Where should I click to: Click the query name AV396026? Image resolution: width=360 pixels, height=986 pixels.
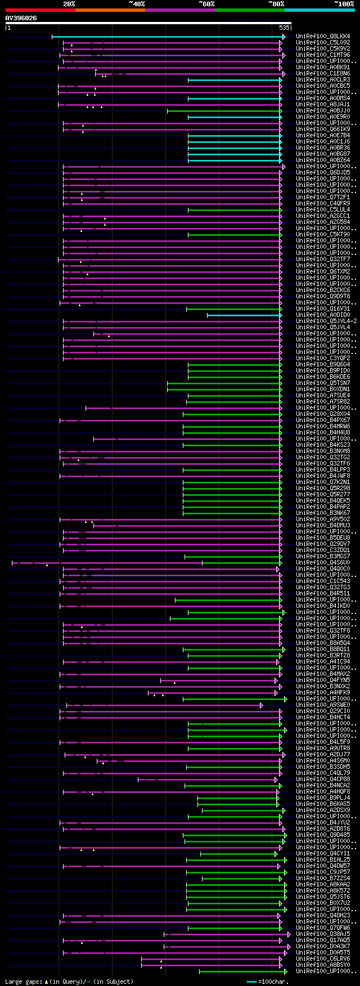pos(21,18)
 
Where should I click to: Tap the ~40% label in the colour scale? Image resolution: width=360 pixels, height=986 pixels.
pos(137,4)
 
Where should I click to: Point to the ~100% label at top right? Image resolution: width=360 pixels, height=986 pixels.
pos(344,4)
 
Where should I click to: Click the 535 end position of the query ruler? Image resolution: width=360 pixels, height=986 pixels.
pos(284,27)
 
